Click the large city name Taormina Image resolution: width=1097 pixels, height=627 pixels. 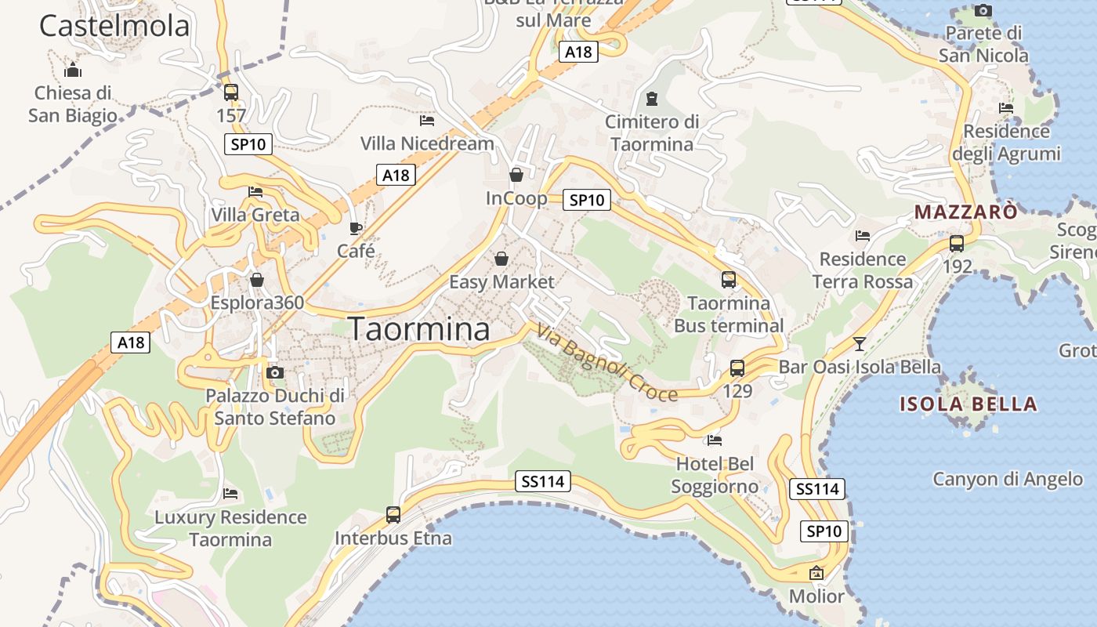[419, 329]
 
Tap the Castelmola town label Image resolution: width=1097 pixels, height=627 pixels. [114, 26]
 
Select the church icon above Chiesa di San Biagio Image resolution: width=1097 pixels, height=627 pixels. [73, 71]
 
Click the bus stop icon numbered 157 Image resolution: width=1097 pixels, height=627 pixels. [231, 92]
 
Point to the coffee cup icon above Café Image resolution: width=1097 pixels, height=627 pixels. [356, 228]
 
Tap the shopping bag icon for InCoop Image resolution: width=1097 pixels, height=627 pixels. [516, 175]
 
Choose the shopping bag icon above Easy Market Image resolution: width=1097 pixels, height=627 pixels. [501, 259]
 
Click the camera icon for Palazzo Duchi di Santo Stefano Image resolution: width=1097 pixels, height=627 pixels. [275, 372]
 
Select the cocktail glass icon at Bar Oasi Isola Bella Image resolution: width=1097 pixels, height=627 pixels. [860, 343]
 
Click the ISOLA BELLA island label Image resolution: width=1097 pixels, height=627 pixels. [968, 404]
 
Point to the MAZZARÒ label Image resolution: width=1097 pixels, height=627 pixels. [966, 212]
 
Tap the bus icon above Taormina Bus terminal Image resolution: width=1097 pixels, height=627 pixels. [729, 280]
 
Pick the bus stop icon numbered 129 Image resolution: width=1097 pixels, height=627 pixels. [737, 368]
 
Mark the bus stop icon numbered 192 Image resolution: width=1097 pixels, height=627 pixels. [957, 243]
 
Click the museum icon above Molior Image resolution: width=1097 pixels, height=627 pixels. [816, 573]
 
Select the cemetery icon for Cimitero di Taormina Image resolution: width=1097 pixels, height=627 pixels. [651, 99]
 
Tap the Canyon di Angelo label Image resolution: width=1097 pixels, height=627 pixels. [1008, 479]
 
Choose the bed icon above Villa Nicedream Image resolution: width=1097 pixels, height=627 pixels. [427, 121]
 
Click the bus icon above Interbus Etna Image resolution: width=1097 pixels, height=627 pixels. [393, 515]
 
